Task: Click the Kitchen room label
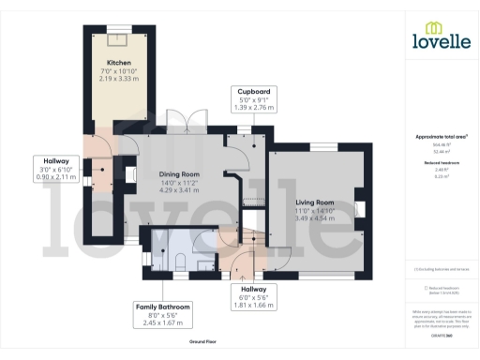(118, 63)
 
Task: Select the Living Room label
(314, 202)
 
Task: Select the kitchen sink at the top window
(118, 37)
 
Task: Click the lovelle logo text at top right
(441, 40)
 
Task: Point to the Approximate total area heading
(441, 137)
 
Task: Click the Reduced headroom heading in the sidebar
(441, 161)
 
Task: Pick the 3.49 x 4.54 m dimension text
(314, 219)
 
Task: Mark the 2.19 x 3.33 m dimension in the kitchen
(118, 80)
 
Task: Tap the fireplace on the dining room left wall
(128, 173)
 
